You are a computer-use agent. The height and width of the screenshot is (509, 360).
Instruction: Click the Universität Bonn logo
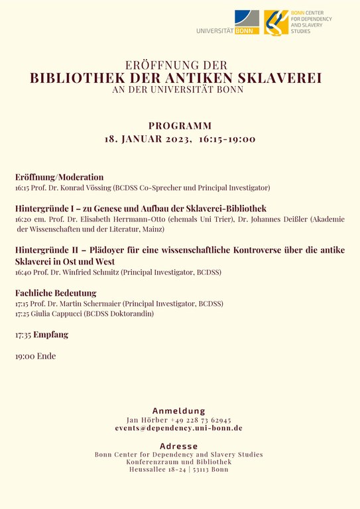(x=229, y=23)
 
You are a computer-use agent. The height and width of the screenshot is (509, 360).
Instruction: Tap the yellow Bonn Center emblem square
(x=276, y=23)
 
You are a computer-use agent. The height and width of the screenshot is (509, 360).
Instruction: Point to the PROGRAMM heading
(x=180, y=125)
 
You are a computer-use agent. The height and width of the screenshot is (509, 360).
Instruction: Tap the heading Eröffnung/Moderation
(x=60, y=177)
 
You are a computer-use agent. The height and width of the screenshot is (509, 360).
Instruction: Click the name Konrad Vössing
(x=87, y=188)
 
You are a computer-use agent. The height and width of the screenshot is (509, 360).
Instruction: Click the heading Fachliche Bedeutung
(x=56, y=293)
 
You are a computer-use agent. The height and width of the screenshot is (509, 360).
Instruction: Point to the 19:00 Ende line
(x=36, y=356)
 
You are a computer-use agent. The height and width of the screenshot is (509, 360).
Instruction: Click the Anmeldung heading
(x=179, y=411)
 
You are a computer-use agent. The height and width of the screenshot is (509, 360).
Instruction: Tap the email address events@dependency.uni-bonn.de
(x=179, y=429)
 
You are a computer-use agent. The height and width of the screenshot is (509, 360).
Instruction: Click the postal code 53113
(x=205, y=469)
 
